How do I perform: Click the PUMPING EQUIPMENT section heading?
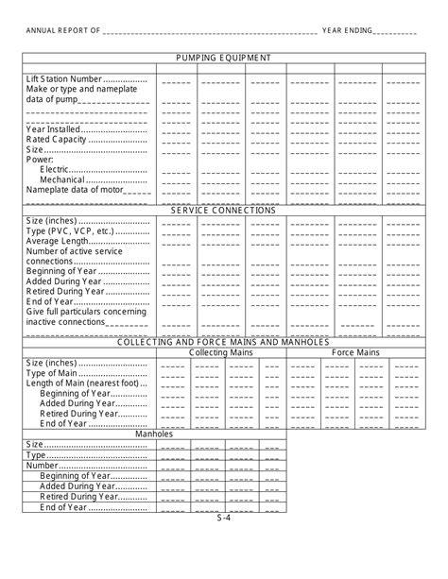tap(223, 58)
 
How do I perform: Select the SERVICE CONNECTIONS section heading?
tap(223, 211)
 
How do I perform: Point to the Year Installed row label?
tap(56, 128)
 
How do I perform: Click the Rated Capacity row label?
tap(58, 139)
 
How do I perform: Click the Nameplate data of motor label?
tap(74, 190)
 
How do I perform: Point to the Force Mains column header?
tap(355, 352)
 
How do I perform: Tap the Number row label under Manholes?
tap(43, 466)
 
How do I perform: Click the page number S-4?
tap(223, 518)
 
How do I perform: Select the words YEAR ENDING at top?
tap(347, 30)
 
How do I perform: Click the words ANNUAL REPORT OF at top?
tap(62, 30)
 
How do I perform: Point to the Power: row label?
tap(40, 160)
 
